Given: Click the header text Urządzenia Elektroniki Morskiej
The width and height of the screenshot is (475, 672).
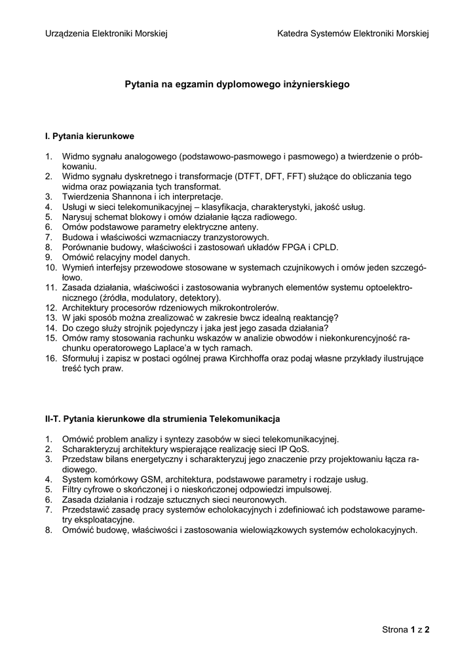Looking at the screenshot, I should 106,33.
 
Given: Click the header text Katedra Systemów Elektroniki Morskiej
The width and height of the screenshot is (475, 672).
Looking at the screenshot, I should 353,33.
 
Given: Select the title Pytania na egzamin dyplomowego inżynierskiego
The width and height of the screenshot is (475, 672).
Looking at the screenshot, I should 237,85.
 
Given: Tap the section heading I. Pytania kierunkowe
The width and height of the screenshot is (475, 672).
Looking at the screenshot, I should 89,136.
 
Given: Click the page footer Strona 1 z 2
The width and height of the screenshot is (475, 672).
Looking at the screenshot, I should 406,630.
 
